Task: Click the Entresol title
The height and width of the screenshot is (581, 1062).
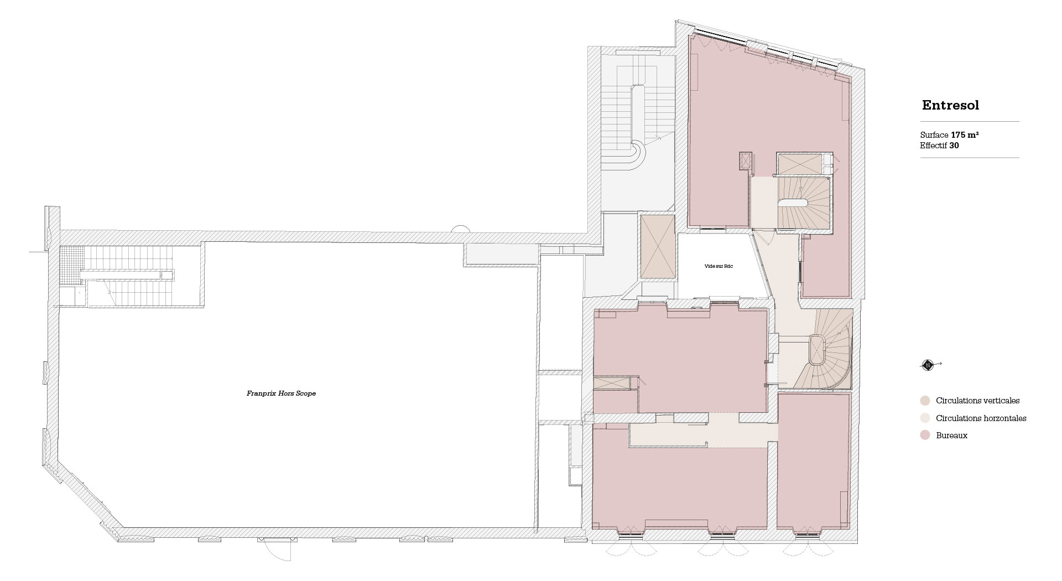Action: click(x=950, y=105)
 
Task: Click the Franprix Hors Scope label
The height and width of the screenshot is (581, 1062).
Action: click(x=281, y=393)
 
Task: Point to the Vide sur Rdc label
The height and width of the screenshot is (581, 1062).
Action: click(x=719, y=266)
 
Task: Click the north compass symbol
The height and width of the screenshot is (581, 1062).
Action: click(x=928, y=365)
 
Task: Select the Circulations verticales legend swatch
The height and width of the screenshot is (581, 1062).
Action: click(x=925, y=401)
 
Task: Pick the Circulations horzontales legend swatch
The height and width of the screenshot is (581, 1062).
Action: click(x=925, y=418)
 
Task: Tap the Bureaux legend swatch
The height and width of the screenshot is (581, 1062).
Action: click(x=925, y=435)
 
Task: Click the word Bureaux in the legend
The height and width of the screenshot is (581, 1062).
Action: click(x=951, y=435)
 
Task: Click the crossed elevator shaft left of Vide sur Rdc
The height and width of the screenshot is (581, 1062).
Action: click(x=657, y=247)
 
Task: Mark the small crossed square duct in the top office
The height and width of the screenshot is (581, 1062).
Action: click(x=745, y=160)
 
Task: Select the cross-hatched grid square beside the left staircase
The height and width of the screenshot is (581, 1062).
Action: click(x=72, y=258)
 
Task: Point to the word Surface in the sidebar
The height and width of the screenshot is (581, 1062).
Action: click(x=934, y=135)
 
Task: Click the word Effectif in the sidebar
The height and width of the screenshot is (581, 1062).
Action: click(x=934, y=146)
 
